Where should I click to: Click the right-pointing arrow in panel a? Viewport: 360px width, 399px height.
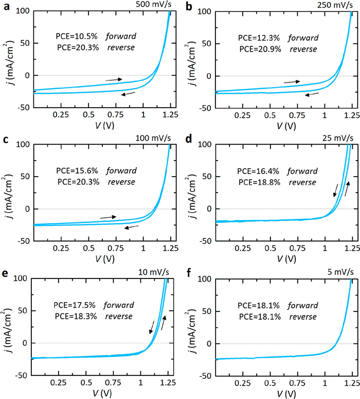point(113,80)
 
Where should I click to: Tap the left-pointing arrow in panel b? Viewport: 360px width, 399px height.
point(312,94)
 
